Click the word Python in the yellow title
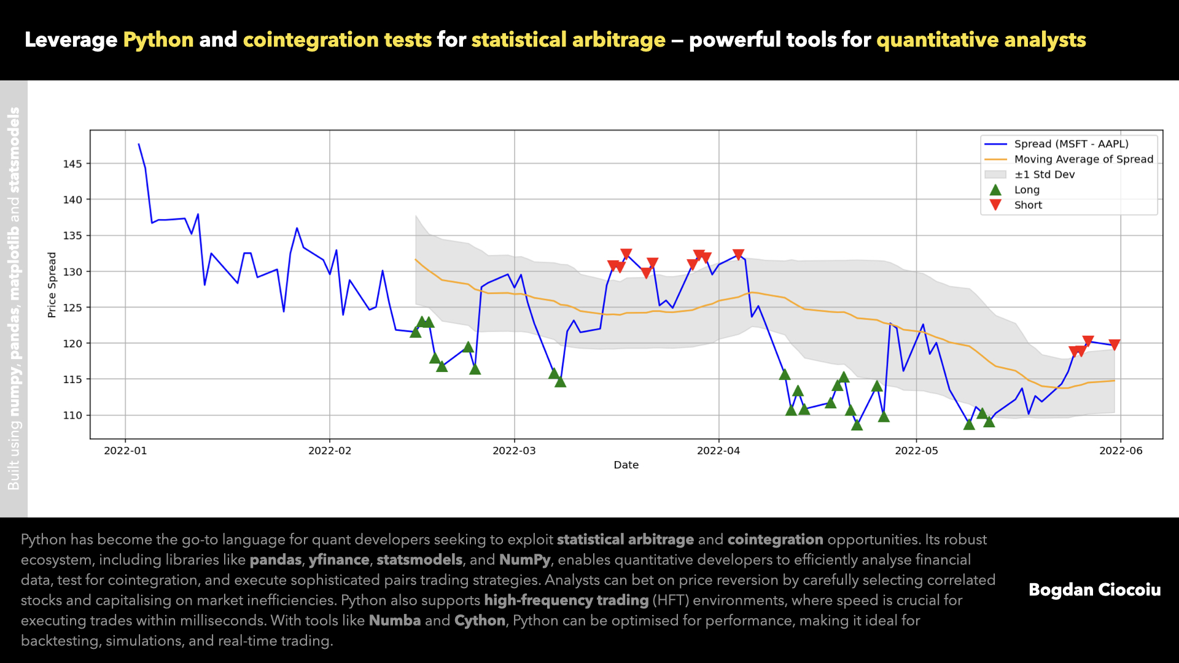[158, 40]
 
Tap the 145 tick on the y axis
[72, 164]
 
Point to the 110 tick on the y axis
[72, 416]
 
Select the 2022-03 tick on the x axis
[514, 451]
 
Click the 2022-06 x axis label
[1121, 451]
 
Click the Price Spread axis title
[52, 285]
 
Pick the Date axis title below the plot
[626, 465]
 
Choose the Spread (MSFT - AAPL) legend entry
[1071, 144]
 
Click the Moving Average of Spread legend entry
[1083, 159]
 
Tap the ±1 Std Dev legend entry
[1044, 174]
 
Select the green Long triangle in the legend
[995, 190]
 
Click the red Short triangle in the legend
[995, 204]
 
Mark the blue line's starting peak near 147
[139, 144]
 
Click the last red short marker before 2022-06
[1114, 345]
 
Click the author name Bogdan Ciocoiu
[1094, 590]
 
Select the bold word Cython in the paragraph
[480, 621]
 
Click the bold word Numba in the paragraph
[394, 621]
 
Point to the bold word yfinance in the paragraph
[339, 560]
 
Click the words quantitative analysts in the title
[981, 40]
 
